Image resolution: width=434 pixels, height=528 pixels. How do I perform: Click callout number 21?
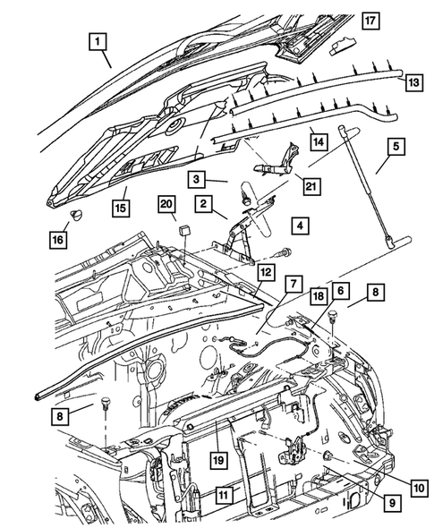tap(310, 185)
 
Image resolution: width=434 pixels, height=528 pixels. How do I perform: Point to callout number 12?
tap(265, 272)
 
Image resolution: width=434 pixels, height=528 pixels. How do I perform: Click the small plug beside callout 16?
tap(75, 216)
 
